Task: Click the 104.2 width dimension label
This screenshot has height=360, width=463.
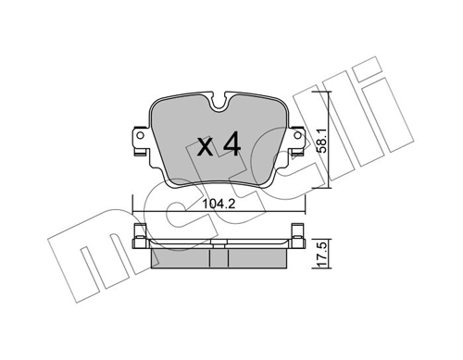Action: click(x=219, y=204)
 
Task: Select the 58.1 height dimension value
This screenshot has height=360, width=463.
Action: click(x=322, y=141)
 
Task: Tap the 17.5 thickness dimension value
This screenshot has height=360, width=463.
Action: click(x=322, y=254)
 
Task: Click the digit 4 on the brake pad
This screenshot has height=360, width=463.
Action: click(x=231, y=143)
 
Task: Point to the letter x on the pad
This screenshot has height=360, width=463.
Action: click(x=206, y=147)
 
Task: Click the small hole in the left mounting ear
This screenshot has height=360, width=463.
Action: click(x=140, y=135)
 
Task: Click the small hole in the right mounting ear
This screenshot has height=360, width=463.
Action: click(x=297, y=135)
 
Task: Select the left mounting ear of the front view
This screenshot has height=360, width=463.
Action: click(x=142, y=141)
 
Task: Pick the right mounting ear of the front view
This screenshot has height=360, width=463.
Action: click(x=296, y=141)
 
